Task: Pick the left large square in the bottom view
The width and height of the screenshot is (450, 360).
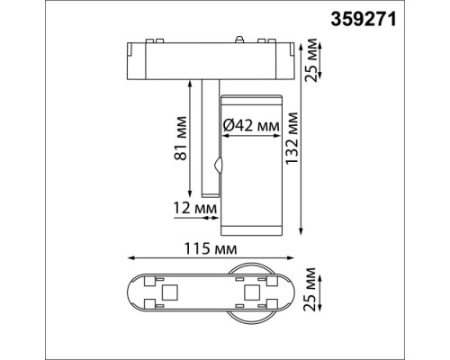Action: click(168, 292)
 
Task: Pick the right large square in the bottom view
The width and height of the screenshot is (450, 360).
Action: click(251, 292)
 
